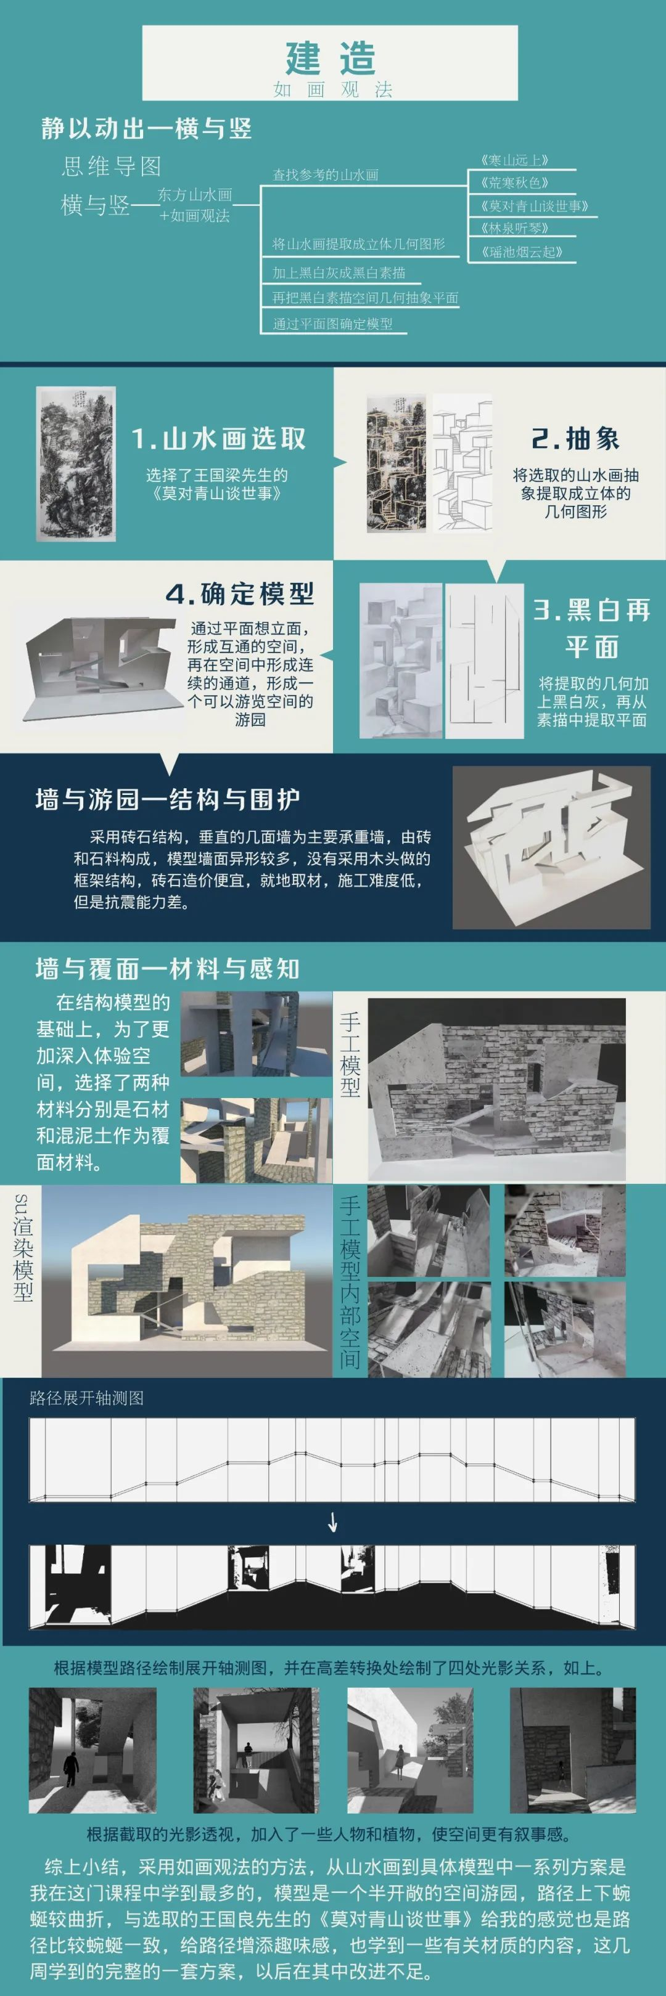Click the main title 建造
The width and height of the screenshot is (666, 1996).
click(x=331, y=57)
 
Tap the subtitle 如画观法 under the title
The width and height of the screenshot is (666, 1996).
click(x=332, y=90)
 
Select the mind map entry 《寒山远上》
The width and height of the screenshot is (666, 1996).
click(x=514, y=160)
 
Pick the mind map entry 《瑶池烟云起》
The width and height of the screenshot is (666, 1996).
click(x=521, y=252)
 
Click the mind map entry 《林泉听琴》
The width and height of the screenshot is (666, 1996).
click(x=514, y=229)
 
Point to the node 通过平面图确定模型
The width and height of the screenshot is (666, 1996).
click(x=332, y=324)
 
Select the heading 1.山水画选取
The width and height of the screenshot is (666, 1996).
click(x=219, y=439)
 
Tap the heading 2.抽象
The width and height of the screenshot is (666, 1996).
click(x=575, y=439)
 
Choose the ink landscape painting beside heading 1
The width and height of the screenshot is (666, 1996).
click(x=76, y=463)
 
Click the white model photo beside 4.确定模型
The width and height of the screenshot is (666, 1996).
click(x=99, y=664)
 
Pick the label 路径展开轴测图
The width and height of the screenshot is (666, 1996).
click(x=87, y=1398)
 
